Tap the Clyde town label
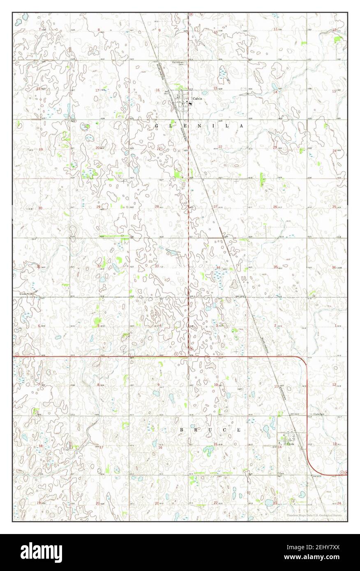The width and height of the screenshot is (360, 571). click(291, 444)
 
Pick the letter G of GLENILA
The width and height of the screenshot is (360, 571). click(157, 125)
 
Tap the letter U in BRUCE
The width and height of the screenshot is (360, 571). click(210, 430)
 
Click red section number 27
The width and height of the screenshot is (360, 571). click(215, 206)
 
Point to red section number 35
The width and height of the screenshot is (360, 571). click(275, 267)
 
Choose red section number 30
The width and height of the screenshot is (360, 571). click(40, 208)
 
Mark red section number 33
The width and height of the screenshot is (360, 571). click(157, 266)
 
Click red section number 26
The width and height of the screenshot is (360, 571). click(275, 207)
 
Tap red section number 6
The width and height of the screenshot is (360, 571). click(39, 326)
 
